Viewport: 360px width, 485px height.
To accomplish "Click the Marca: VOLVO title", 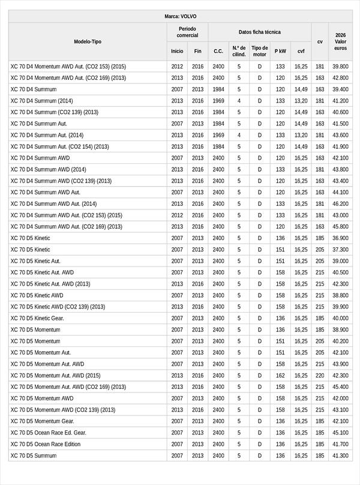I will tap(180, 16).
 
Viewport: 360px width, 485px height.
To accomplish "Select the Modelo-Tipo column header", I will tap(88, 41).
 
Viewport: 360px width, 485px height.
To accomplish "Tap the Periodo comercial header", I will tap(187, 32).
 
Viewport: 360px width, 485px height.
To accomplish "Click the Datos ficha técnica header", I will tap(259, 32).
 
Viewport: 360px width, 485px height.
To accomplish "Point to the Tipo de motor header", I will tap(259, 51).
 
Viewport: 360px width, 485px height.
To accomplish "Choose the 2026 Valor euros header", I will tap(340, 41).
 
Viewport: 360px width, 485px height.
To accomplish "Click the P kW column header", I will tap(280, 51).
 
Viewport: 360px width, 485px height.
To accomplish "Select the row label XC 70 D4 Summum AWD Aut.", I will tap(45, 192).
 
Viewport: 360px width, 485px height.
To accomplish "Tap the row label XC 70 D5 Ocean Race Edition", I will tap(46, 444).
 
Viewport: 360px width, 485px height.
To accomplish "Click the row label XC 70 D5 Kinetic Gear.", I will tap(37, 318).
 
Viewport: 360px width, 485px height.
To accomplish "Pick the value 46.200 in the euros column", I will tap(340, 203).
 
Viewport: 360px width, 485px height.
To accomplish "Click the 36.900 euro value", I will tap(340, 238).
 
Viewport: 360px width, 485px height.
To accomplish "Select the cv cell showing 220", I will tap(320, 376).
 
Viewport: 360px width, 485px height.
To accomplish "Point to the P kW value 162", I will tap(280, 376).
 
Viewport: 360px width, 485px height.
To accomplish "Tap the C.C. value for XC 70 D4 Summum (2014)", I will tap(218, 101).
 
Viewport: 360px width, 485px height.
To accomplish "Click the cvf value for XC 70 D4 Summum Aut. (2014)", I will tap(301, 135).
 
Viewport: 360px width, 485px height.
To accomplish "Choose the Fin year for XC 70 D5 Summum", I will tap(198, 456).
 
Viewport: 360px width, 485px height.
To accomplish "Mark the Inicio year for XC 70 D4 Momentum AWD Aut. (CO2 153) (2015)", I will tap(177, 67).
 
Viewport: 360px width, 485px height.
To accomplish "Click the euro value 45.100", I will tap(340, 433).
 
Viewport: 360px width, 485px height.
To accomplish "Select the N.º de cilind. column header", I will tap(239, 51).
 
